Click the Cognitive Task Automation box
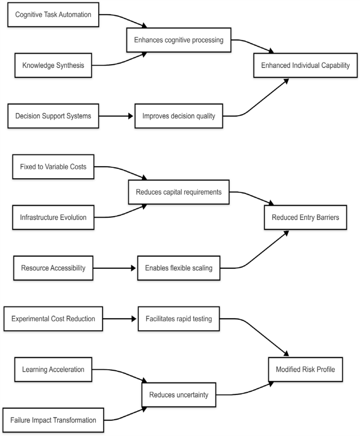tap(53, 15)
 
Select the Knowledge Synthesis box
tap(53, 66)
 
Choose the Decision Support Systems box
tap(53, 116)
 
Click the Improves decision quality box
tap(179, 116)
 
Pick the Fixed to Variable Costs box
tap(53, 167)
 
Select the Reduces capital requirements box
tap(179, 192)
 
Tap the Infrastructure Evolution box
tap(53, 217)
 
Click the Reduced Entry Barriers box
tap(305, 217)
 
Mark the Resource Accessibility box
tap(53, 268)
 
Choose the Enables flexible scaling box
tap(179, 268)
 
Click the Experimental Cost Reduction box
tap(53, 319)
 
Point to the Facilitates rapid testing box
tap(179, 319)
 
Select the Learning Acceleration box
tap(53, 369)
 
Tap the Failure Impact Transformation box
tap(53, 420)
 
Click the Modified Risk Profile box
tap(305, 369)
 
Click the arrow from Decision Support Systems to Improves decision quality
tap(116, 116)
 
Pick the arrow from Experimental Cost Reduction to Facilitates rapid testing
tap(120, 319)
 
